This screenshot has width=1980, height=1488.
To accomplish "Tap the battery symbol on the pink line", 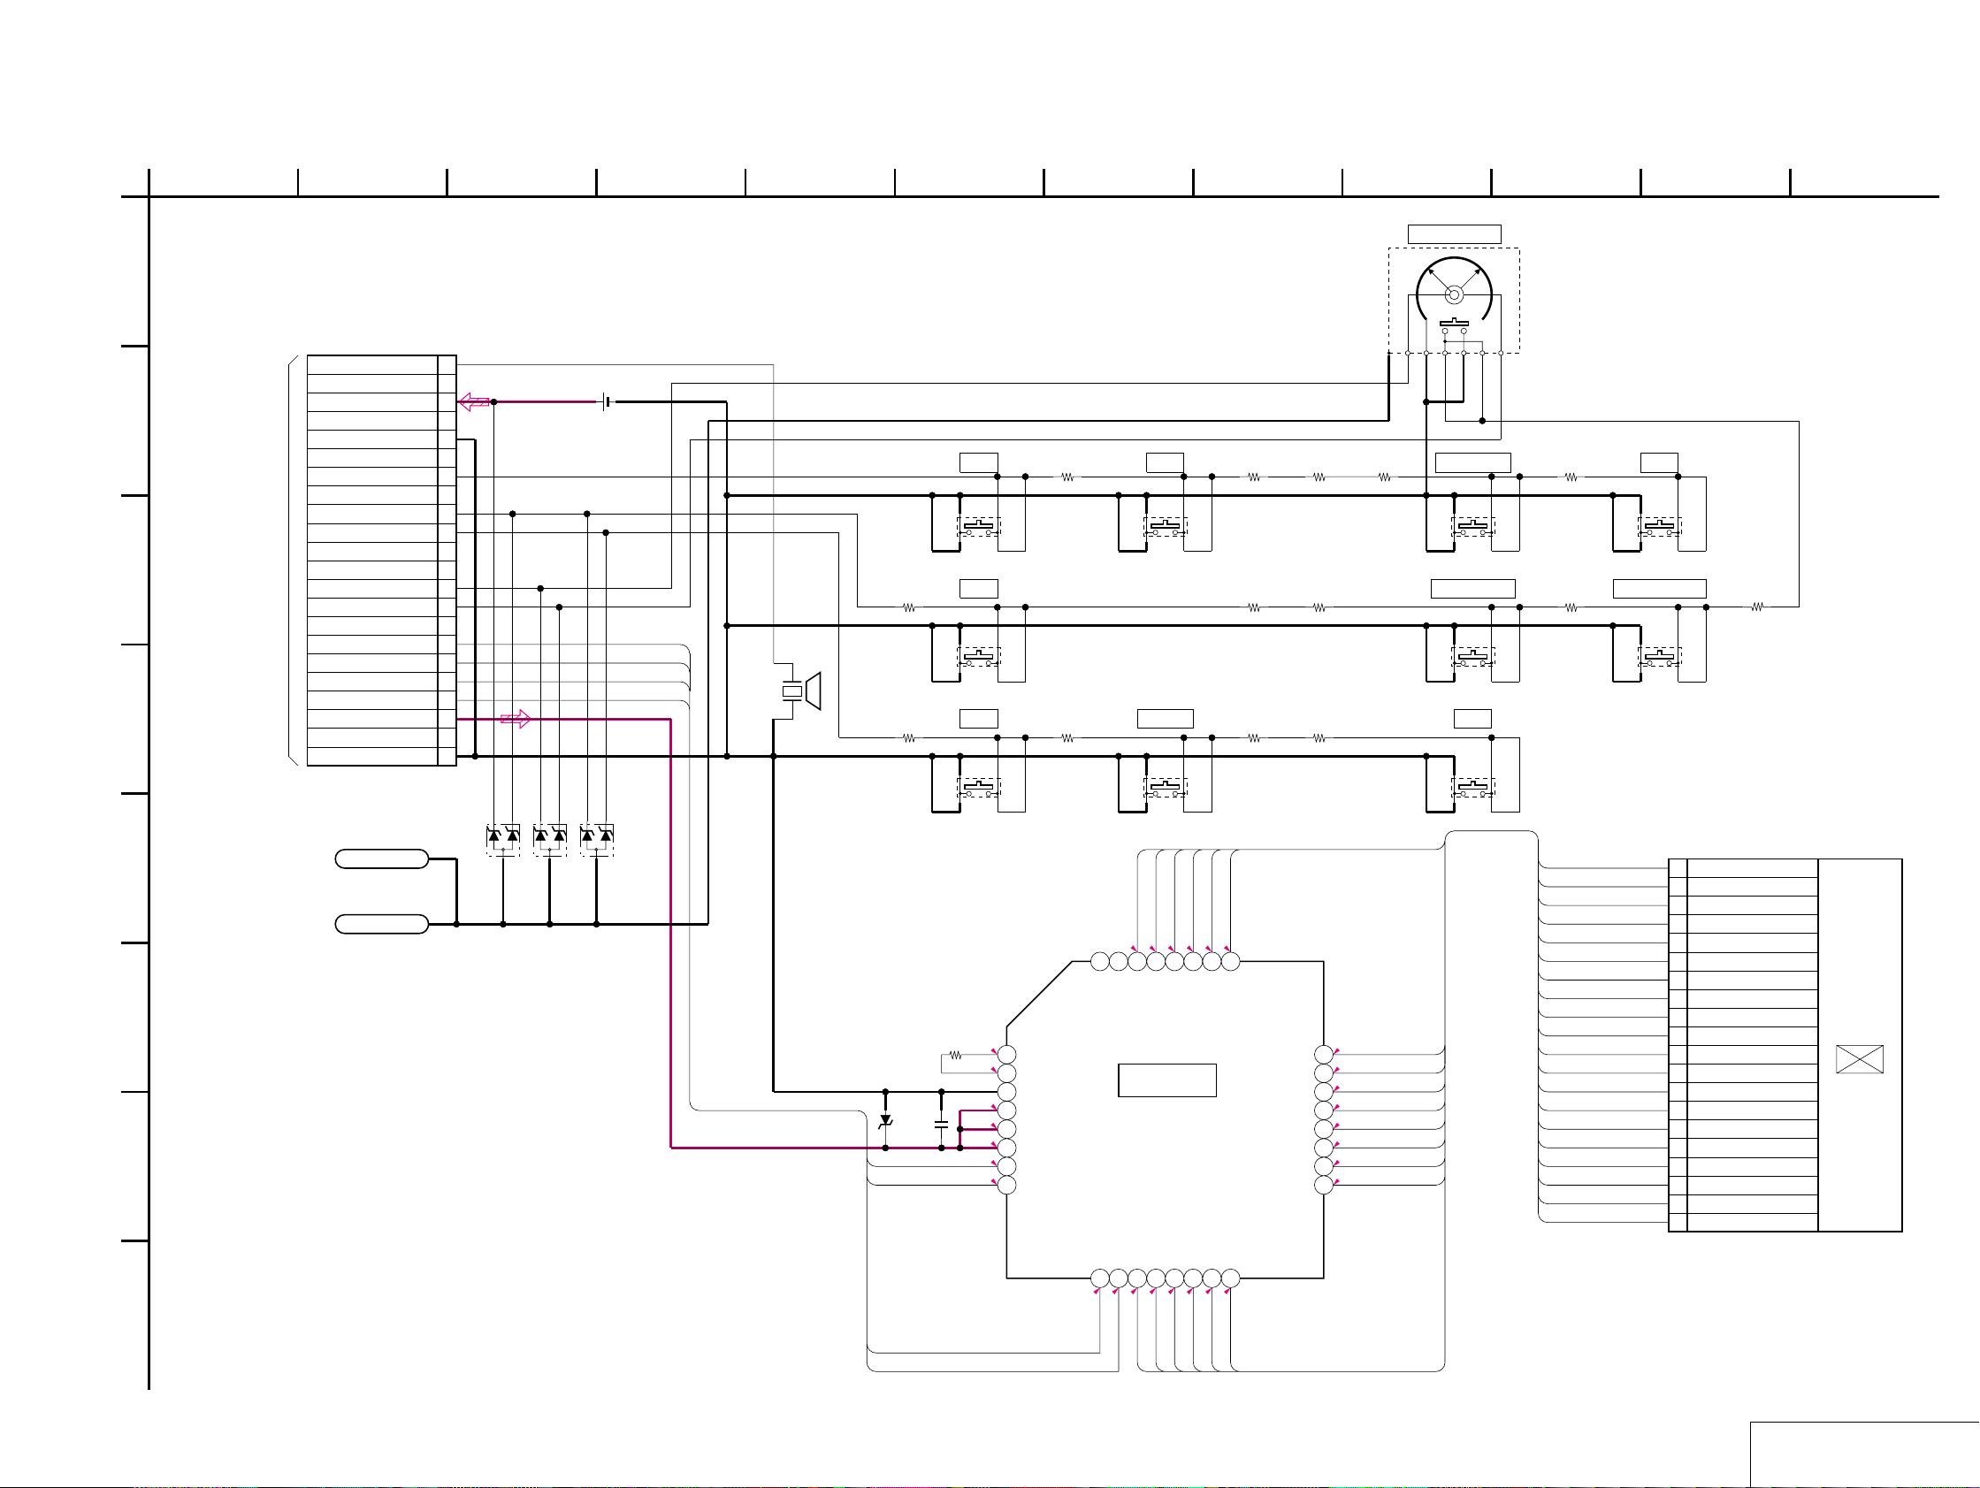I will click(x=608, y=401).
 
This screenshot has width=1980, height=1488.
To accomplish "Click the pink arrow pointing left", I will click(x=472, y=401).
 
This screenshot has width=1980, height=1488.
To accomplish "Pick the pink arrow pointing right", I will click(x=516, y=719).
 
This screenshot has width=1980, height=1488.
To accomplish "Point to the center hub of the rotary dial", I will click(x=1454, y=294).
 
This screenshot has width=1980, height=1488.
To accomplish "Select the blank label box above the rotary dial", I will click(x=1454, y=234).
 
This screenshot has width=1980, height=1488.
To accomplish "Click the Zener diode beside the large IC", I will click(x=885, y=1120).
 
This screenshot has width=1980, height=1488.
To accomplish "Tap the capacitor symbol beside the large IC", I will click(x=941, y=1123).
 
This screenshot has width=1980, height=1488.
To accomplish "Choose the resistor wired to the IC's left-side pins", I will click(x=955, y=1055).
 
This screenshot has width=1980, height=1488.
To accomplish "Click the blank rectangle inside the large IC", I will click(x=1166, y=1080).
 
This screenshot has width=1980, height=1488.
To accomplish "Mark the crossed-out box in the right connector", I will click(x=1859, y=1059).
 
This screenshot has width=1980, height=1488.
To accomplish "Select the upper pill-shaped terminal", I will click(x=381, y=859).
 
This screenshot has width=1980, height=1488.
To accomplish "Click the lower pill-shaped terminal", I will click(x=381, y=924).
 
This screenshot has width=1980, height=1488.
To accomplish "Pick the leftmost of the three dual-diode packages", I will click(x=502, y=838).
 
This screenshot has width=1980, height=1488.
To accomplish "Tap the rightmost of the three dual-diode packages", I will click(x=596, y=838).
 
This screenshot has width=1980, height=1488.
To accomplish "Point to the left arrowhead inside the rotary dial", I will click(x=1433, y=273).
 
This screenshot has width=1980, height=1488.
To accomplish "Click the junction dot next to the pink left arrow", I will click(x=493, y=401).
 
